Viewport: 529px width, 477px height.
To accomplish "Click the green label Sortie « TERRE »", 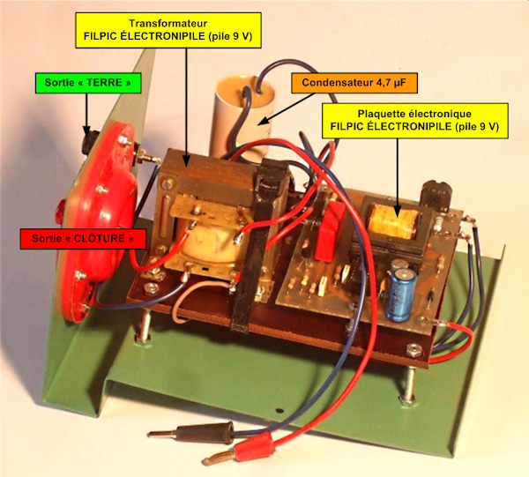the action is click(x=88, y=83).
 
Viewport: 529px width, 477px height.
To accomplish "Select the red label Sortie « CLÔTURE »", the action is click(x=83, y=238).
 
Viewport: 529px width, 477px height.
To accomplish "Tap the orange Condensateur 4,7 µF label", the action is click(x=354, y=83).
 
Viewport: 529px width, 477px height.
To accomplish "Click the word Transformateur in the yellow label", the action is click(x=168, y=23).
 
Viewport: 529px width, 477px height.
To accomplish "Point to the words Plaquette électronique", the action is click(x=414, y=114).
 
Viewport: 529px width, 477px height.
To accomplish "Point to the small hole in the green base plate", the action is click(x=279, y=411).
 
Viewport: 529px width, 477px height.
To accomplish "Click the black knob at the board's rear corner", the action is click(x=436, y=195).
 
